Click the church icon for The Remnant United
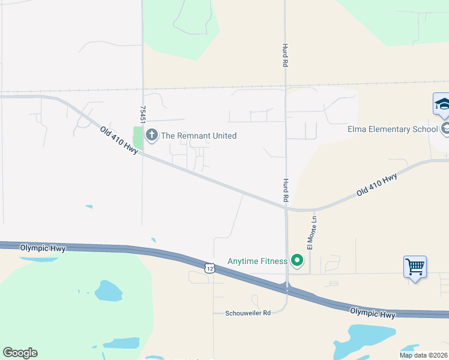coord(151,136)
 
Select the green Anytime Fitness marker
coord(297,260)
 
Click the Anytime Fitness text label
coord(256,261)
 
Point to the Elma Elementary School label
coord(393,129)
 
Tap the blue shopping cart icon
coord(415,266)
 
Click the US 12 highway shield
coord(209,268)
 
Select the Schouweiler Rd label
coord(249,313)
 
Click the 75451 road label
coord(143,115)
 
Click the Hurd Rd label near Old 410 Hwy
coord(286,189)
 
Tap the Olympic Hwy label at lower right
coord(373,313)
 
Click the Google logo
coord(20,353)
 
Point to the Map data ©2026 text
coord(423,355)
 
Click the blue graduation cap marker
coord(442,104)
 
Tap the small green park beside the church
coord(138,139)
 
